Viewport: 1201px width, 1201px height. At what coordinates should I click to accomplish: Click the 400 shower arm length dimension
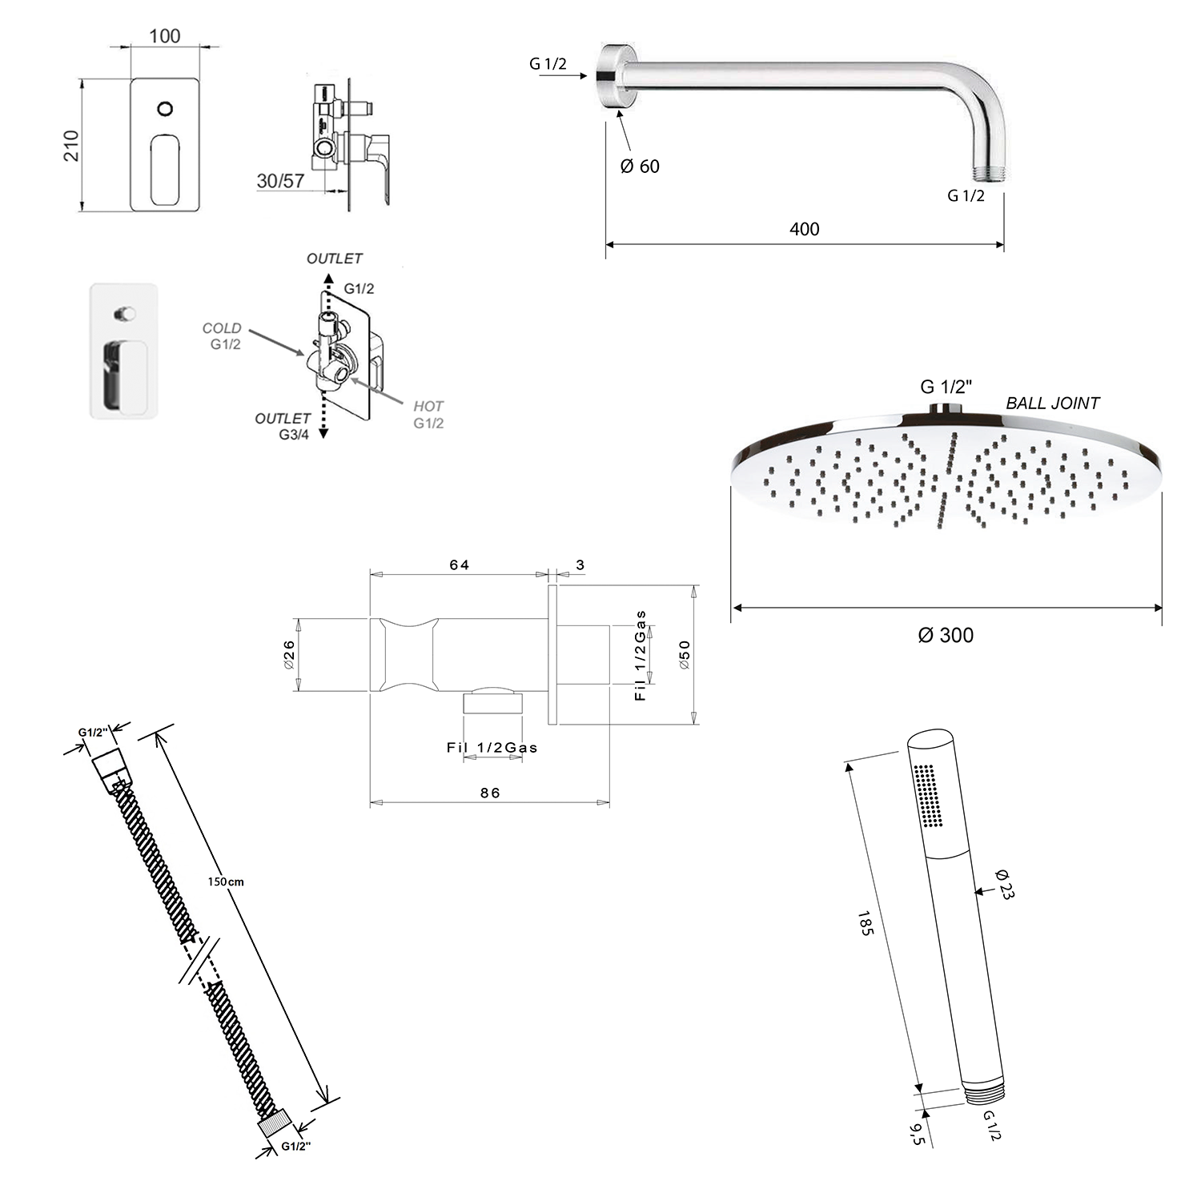coord(804,229)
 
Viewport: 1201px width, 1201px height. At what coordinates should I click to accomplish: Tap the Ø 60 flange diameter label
coord(640,167)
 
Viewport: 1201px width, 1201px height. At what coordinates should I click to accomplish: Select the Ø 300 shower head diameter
coord(946,636)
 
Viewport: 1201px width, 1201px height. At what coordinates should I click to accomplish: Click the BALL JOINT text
coord(1052,404)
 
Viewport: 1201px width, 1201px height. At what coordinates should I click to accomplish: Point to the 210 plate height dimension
coord(72,146)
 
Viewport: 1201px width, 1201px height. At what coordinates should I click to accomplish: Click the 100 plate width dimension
coord(165,36)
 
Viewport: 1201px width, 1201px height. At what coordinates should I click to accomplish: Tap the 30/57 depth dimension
coord(280,181)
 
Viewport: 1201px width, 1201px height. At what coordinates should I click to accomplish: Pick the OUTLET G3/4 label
coord(283,427)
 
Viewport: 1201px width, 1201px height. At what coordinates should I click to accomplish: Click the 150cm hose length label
coord(226,882)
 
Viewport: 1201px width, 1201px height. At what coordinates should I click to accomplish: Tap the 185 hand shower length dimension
coord(865,923)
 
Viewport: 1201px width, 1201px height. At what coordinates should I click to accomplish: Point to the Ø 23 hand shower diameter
coord(1004,884)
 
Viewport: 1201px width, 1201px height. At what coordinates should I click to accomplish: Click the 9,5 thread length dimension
coord(918,1135)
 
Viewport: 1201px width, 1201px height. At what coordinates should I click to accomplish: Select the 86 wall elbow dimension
coord(490,793)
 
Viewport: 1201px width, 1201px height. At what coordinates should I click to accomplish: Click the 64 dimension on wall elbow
coord(460,565)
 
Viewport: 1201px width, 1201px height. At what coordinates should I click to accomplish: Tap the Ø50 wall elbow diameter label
coord(684,655)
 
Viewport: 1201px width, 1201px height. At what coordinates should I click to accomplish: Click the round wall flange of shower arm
coord(615,75)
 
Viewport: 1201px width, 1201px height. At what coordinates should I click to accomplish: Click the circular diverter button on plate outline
coord(165,108)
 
